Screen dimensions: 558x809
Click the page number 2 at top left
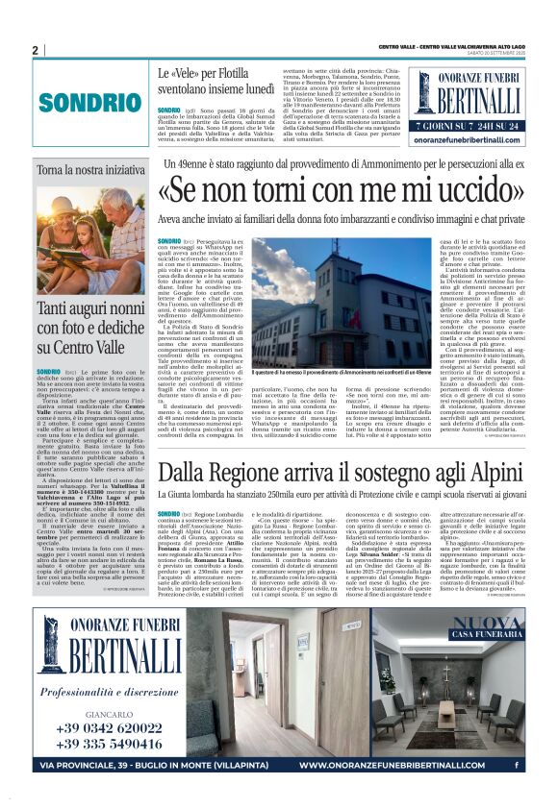click(35, 50)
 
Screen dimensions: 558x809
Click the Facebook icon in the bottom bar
click(518, 766)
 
